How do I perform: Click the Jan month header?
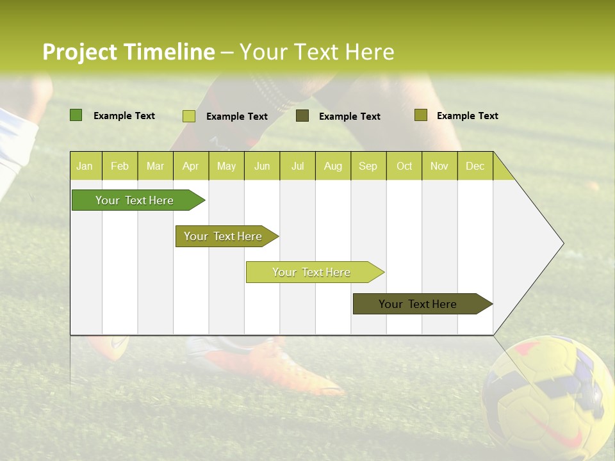[x=85, y=166]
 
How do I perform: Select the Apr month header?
[x=191, y=166]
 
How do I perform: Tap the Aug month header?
[x=332, y=166]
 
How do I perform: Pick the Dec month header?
[x=475, y=166]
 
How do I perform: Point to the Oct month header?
[x=404, y=166]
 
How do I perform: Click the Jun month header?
[x=262, y=166]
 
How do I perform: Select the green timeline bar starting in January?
[x=135, y=200]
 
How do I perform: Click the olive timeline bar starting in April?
[x=223, y=236]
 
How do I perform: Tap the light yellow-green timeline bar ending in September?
[x=311, y=272]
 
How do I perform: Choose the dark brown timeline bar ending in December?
[x=418, y=304]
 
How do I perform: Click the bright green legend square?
[x=76, y=115]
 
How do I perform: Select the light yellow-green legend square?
[x=189, y=116]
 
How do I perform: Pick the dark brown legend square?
[x=302, y=116]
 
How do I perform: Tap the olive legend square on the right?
[x=420, y=115]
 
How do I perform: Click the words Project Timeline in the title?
[x=128, y=52]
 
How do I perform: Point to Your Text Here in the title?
[x=316, y=52]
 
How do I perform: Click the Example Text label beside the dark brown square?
[x=349, y=117]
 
